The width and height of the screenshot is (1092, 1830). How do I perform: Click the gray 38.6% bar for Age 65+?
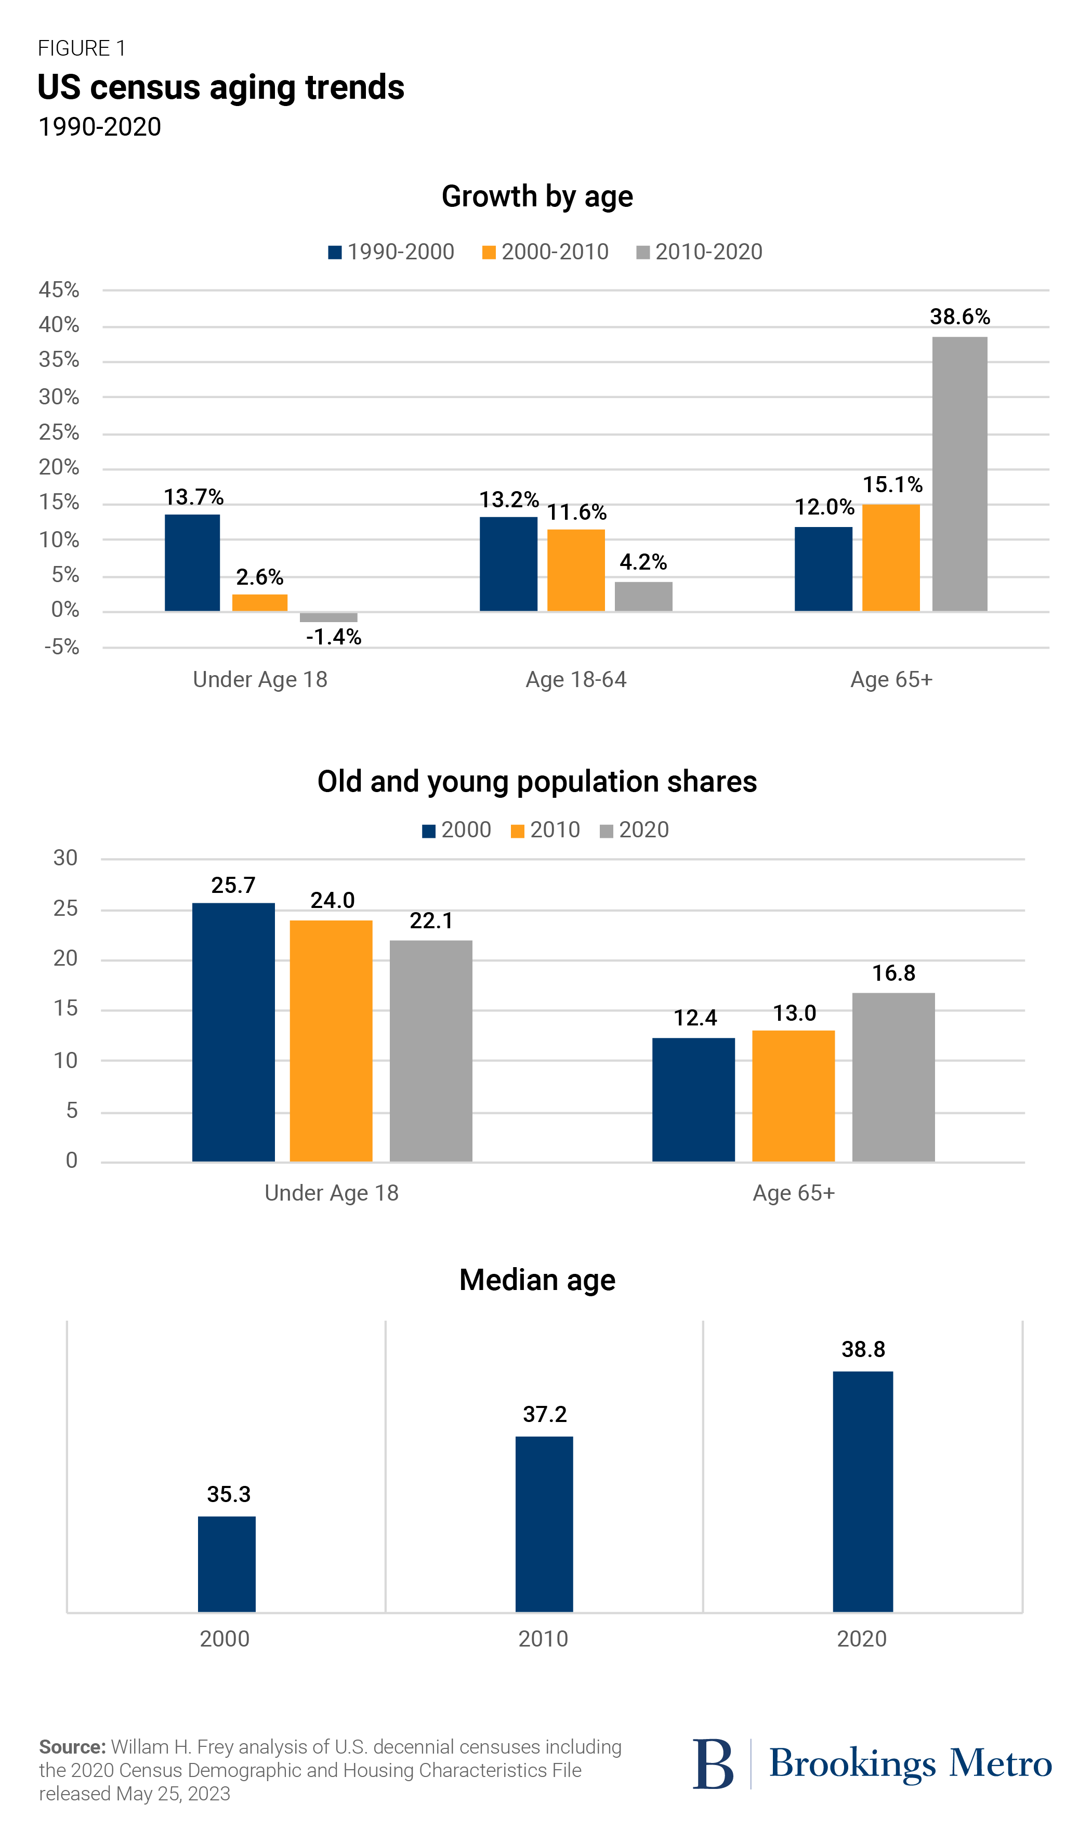(959, 474)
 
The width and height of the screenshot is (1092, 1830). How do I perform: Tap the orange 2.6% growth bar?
(260, 603)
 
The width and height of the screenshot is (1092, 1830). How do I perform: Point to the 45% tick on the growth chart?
(59, 290)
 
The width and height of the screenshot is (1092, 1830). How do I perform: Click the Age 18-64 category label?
(575, 679)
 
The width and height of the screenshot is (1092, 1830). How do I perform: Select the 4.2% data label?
(642, 562)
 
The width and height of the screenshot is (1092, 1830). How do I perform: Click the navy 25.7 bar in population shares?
(233, 1032)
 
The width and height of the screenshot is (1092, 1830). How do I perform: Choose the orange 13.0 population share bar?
(793, 1096)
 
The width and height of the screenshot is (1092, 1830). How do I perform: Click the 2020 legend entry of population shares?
(634, 830)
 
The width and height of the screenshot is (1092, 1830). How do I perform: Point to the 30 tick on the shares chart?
(65, 858)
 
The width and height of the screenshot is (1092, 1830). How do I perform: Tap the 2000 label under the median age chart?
(225, 1639)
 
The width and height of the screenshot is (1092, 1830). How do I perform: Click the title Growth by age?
(537, 196)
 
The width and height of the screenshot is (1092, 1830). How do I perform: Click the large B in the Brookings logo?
(712, 1764)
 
